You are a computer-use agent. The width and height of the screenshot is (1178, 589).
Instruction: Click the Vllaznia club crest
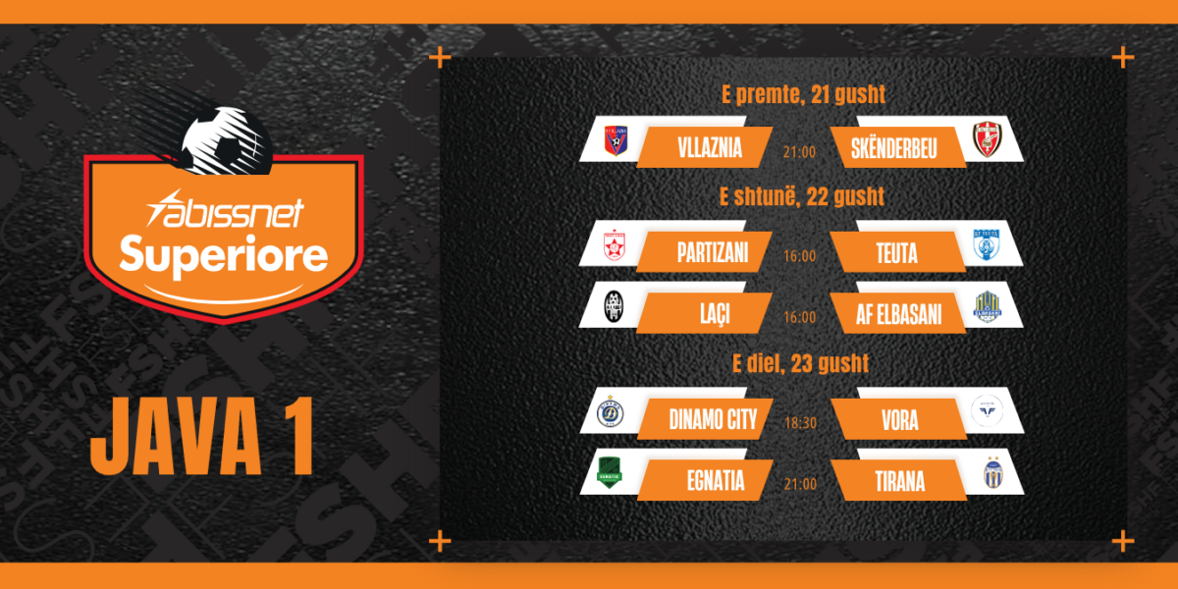click(616, 140)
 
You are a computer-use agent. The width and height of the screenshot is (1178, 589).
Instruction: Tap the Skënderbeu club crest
click(988, 139)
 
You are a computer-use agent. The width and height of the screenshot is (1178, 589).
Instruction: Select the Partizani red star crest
click(615, 245)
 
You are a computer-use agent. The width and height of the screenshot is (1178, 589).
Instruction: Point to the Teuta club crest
click(986, 244)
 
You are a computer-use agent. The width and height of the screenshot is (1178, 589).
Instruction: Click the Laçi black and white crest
click(614, 306)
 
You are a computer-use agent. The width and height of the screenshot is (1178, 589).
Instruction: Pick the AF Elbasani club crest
click(988, 306)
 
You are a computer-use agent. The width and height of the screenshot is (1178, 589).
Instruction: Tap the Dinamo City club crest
click(611, 411)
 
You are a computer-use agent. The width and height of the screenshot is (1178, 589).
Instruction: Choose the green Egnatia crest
click(610, 472)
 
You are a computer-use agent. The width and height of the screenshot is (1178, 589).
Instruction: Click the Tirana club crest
click(992, 473)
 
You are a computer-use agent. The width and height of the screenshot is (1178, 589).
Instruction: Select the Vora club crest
click(987, 410)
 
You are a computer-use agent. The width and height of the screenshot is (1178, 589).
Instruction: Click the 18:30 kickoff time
click(800, 423)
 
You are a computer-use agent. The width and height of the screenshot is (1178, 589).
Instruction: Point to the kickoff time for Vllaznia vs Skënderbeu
click(799, 152)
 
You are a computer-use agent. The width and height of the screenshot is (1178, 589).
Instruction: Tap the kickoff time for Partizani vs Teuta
click(799, 256)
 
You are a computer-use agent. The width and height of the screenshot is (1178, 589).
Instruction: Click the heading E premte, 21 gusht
click(803, 94)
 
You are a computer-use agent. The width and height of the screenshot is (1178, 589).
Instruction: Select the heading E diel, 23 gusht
click(800, 363)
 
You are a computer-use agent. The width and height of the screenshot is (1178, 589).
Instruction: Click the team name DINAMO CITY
click(713, 420)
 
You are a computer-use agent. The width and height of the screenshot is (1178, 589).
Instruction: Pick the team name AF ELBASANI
click(899, 315)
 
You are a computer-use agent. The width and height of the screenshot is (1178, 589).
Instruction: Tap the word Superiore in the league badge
click(224, 255)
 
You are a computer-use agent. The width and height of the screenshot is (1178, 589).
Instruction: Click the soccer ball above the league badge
click(227, 141)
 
